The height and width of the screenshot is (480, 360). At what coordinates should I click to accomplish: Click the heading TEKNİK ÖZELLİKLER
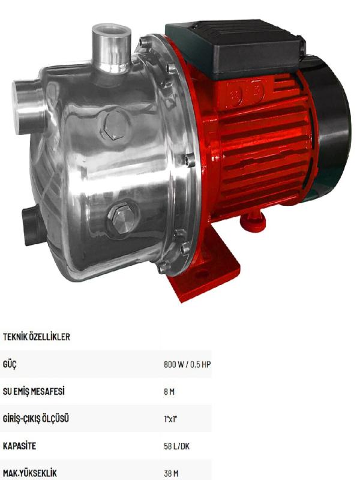pyautogui.click(x=37, y=337)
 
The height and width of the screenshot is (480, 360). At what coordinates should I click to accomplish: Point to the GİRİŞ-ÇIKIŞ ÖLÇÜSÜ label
pyautogui.click(x=36, y=419)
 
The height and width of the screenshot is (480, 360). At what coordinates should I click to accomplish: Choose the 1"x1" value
pyautogui.click(x=171, y=419)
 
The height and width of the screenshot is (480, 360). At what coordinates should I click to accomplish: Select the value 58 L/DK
pyautogui.click(x=177, y=446)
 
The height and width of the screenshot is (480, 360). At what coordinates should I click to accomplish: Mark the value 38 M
pyautogui.click(x=172, y=473)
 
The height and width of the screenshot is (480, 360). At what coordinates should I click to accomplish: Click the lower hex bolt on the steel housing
pyautogui.click(x=122, y=218)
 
